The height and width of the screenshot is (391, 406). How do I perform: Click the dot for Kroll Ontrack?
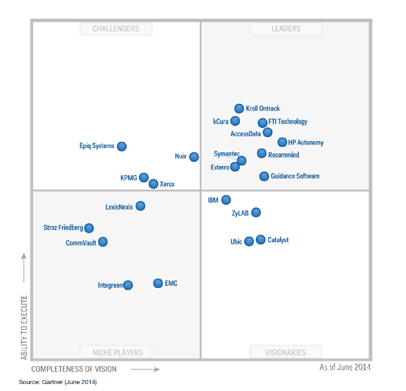[x=239, y=109]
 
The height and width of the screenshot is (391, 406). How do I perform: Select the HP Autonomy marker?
[x=282, y=143]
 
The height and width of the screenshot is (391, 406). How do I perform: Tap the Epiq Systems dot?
[x=122, y=146]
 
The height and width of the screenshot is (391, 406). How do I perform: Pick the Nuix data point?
[x=194, y=157]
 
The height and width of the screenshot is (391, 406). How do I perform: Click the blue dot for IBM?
[x=226, y=200]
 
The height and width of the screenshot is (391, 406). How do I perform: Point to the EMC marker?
[x=158, y=283]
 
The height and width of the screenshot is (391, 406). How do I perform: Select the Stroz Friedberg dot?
[x=89, y=228]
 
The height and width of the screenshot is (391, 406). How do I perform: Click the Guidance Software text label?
[x=295, y=176]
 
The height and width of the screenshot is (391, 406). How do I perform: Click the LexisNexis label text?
[x=120, y=206]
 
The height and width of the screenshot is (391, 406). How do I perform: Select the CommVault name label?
[x=81, y=243]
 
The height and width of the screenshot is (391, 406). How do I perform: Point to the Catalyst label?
[x=278, y=240]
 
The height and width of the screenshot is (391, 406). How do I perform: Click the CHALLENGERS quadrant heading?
[x=116, y=29]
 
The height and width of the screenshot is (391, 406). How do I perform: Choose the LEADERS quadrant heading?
[x=285, y=29]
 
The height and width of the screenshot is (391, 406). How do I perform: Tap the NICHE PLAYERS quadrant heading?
[x=116, y=352]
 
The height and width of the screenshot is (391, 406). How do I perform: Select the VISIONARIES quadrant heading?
[x=286, y=352]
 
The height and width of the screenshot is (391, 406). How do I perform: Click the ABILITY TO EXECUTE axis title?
[x=24, y=327]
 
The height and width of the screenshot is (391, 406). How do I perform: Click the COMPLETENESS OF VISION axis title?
[x=74, y=370]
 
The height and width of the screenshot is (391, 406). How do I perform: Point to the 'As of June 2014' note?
[x=345, y=367]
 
